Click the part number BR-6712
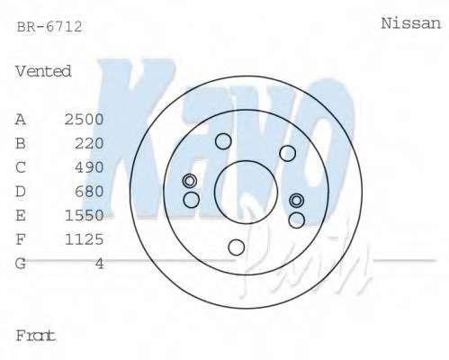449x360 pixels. [49, 27]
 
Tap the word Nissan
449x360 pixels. [411, 23]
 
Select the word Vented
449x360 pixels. [43, 71]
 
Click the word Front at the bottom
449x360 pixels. [36, 336]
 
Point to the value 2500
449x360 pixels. [85, 120]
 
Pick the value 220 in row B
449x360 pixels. [89, 143]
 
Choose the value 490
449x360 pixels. [89, 167]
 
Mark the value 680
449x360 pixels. [89, 192]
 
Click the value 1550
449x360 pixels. [85, 215]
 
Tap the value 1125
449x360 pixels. [85, 239]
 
